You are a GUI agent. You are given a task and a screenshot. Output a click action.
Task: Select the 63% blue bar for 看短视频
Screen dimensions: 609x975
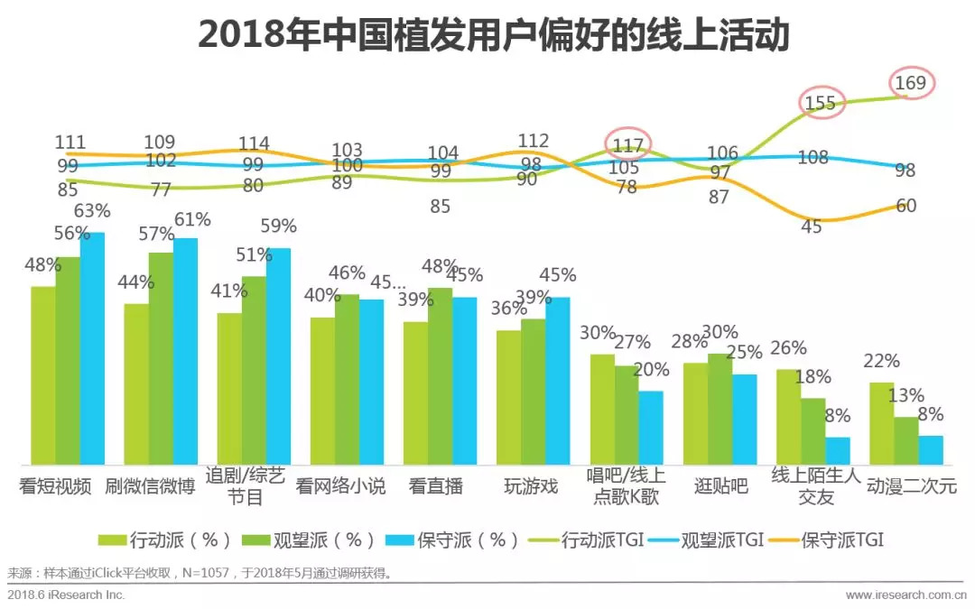pos(92,347)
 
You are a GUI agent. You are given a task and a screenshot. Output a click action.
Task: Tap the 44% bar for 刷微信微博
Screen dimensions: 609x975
pos(136,383)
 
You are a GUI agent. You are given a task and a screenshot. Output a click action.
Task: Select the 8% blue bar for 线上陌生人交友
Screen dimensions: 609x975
pos(837,450)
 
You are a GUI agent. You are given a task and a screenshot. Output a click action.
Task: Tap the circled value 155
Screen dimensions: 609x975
pos(820,103)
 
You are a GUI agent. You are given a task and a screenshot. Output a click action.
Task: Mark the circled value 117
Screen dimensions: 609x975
pos(628,144)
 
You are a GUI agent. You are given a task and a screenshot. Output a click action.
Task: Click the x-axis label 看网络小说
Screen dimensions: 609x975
pos(341,487)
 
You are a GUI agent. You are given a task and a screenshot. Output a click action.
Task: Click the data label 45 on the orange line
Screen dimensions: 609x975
pos(812,226)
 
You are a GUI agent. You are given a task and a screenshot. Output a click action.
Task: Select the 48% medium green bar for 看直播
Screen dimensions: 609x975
pos(441,375)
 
